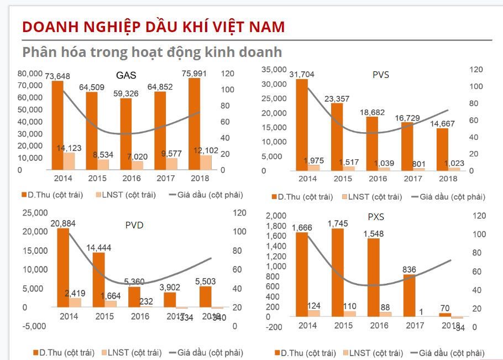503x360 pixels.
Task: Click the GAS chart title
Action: [126, 76]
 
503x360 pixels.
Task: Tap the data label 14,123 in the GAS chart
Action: [69, 148]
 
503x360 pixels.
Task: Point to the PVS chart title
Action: [381, 75]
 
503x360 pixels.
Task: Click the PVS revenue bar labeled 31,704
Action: [302, 124]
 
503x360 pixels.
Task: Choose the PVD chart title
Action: [135, 225]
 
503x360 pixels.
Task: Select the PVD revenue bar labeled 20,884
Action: [63, 268]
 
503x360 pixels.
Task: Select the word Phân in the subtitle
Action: [40, 52]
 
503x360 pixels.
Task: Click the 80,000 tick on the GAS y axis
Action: [30, 73]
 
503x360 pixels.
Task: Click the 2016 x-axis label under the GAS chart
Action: [131, 178]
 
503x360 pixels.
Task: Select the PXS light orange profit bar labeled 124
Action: [314, 313]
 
